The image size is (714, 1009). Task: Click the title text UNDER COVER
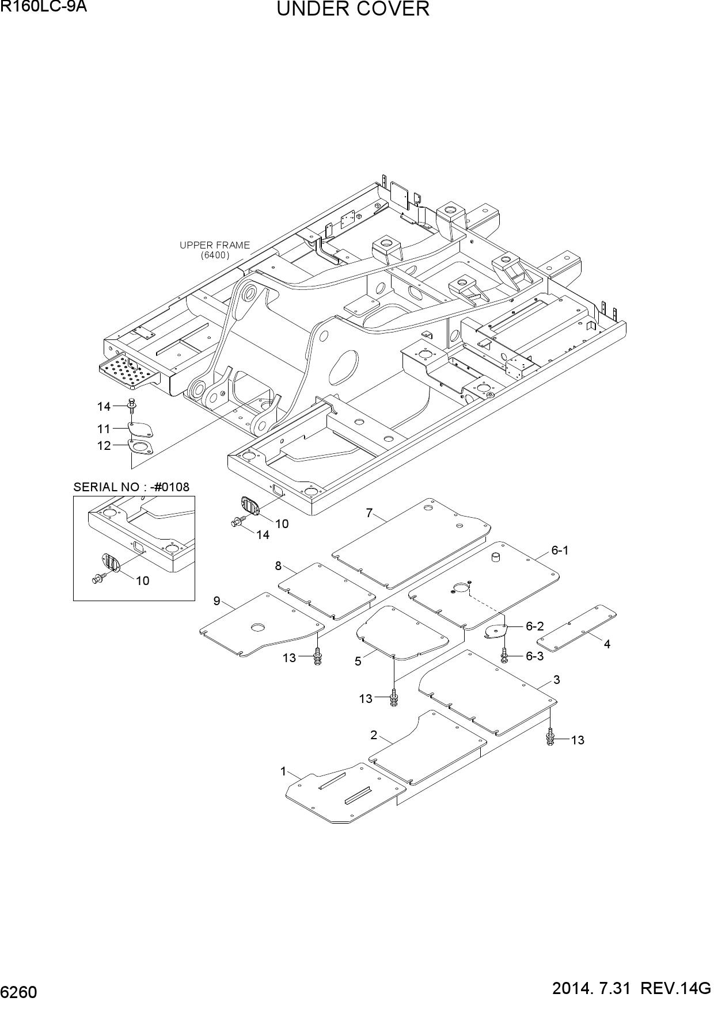coord(353,9)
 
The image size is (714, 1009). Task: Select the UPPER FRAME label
coord(215,245)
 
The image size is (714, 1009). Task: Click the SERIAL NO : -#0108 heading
coord(131,487)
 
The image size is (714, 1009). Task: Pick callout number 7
coord(369,513)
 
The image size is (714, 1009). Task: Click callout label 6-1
coord(560,551)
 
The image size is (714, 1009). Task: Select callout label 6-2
coord(535,626)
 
